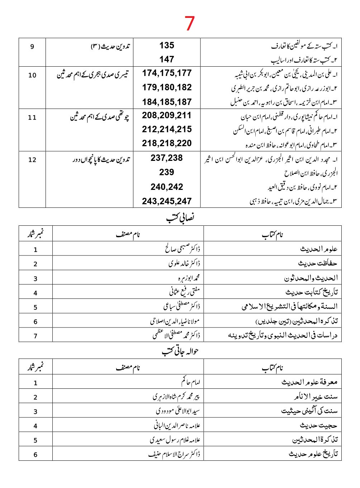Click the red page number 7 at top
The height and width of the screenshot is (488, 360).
coord(189,23)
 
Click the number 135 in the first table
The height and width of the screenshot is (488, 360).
coord(167,46)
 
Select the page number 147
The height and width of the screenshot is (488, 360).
coord(167,59)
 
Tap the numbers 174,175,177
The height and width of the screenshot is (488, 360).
coord(167,73)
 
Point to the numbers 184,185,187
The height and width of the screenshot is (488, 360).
coord(167,102)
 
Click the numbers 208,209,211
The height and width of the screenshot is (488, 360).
coord(167,115)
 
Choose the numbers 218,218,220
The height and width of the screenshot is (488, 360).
coord(167,143)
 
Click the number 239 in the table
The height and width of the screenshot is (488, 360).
coord(167,172)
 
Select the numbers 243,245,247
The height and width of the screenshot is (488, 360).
coord(167,201)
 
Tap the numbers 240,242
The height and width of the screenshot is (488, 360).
coord(167,187)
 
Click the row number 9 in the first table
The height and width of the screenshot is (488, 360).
coord(32,47)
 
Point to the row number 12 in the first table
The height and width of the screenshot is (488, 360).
coord(32,160)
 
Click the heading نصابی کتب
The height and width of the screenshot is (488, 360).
coord(180,217)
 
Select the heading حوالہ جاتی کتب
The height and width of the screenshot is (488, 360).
coord(180,351)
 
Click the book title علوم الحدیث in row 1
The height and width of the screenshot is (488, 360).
coord(318,249)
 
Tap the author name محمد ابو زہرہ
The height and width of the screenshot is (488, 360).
coord(189,278)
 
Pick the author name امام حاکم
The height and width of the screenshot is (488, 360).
coord(190,382)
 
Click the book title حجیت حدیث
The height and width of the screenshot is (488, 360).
coord(318,426)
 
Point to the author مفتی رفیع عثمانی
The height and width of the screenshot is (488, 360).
coord(184,292)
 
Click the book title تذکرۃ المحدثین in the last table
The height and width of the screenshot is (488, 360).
coord(315,440)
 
